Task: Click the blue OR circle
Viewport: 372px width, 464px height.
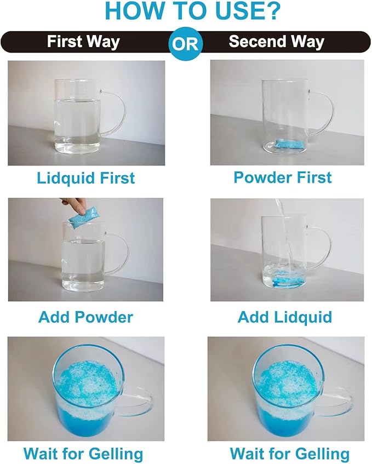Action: coord(185,43)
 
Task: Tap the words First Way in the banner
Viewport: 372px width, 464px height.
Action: coord(83,42)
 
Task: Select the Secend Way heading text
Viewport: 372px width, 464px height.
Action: coord(277,42)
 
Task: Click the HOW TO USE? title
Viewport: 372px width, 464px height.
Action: coord(192,12)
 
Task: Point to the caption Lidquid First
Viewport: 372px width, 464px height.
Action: coord(86,179)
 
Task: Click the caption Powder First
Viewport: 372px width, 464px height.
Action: coord(283,177)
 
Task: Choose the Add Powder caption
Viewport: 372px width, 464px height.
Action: coord(85,317)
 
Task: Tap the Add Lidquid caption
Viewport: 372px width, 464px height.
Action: coord(285,317)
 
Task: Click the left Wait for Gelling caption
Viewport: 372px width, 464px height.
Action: coord(83,454)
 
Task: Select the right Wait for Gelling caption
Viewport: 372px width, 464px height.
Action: coord(289,454)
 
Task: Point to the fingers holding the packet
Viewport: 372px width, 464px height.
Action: coord(76,205)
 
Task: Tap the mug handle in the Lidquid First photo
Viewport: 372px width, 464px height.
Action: coord(121,112)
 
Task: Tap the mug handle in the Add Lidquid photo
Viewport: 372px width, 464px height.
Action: coord(325,249)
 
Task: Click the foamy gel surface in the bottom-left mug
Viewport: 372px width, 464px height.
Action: coord(88,385)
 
